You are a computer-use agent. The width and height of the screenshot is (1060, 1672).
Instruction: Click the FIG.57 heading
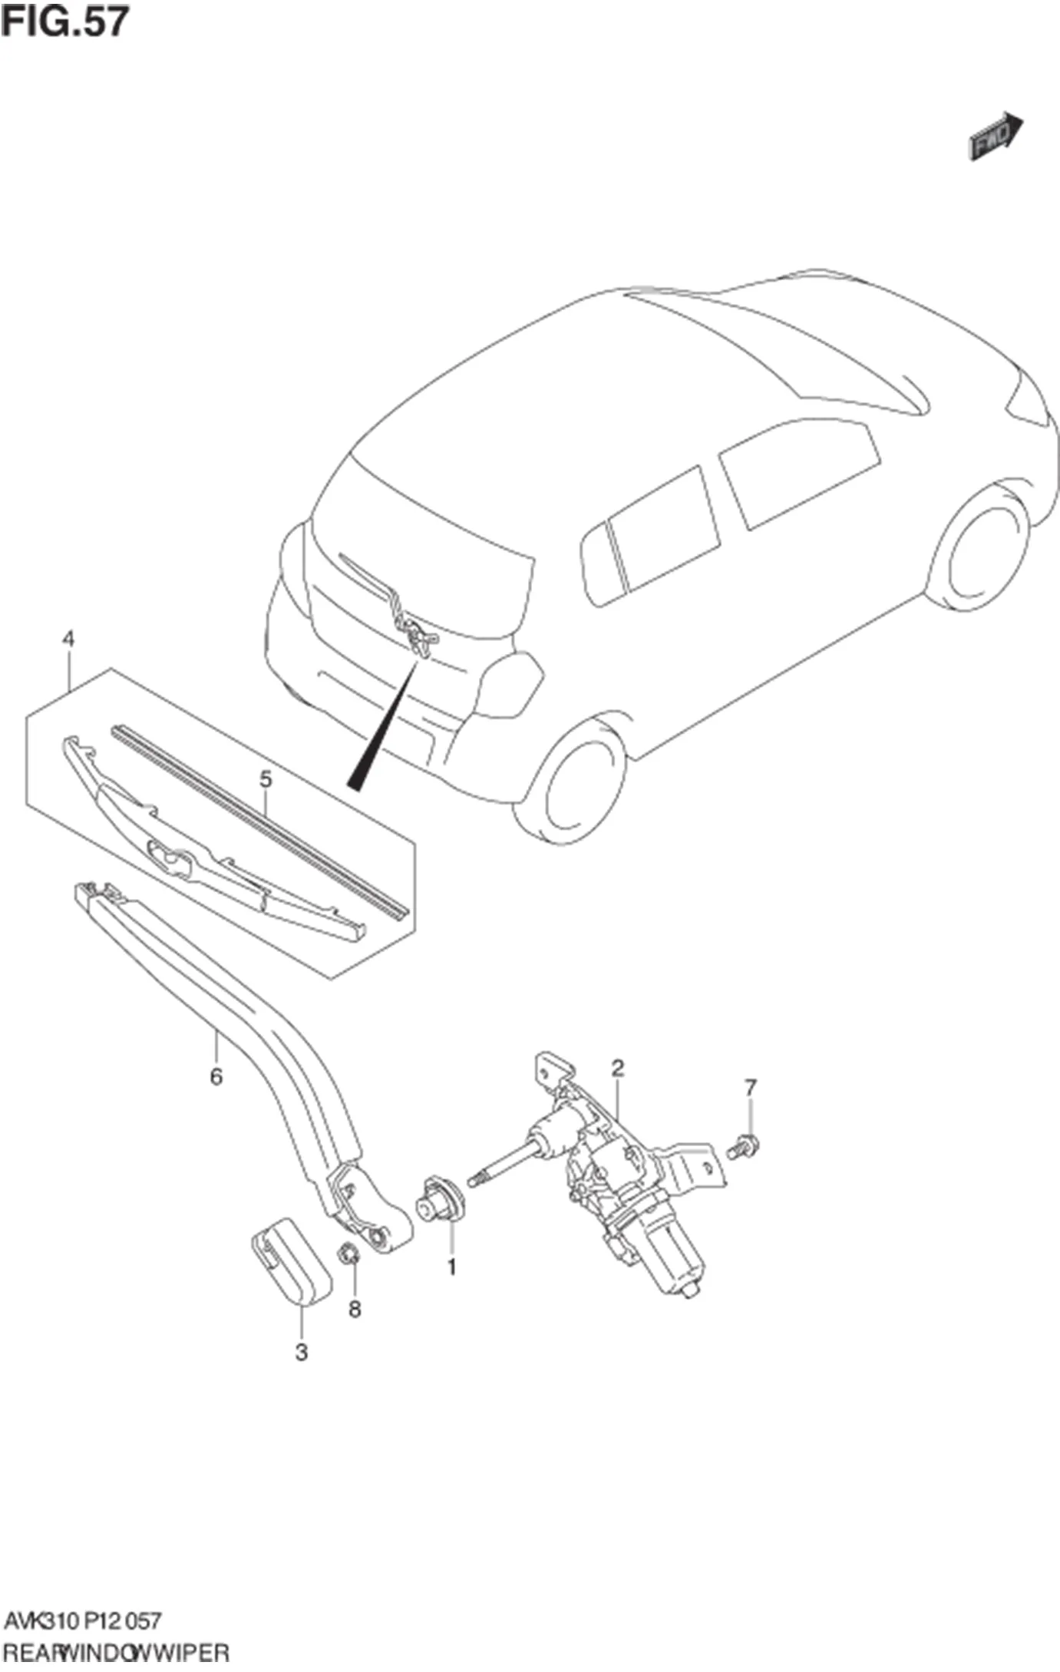click(x=64, y=21)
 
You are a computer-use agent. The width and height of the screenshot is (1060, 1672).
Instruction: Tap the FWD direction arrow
click(x=996, y=136)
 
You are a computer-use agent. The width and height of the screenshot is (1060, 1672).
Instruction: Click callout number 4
click(x=68, y=639)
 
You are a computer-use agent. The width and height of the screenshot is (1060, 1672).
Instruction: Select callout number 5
click(x=266, y=779)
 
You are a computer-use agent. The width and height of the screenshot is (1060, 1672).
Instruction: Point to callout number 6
click(x=216, y=1077)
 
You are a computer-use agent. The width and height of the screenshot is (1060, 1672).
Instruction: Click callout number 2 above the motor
click(x=617, y=1068)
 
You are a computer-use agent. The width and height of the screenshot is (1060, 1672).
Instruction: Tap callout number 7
click(x=750, y=1088)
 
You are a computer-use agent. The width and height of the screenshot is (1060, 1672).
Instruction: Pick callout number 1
click(x=451, y=1267)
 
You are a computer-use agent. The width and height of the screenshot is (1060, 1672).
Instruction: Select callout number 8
click(x=355, y=1309)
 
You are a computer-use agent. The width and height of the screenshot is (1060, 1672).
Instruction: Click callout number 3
click(x=302, y=1352)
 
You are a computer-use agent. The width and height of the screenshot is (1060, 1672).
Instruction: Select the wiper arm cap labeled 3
click(x=291, y=1260)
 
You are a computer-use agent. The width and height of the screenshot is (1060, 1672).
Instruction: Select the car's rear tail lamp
click(x=509, y=684)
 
